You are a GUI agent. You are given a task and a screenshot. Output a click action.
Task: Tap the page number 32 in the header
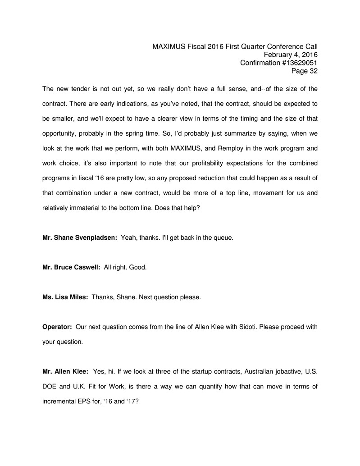[x=313, y=71]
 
